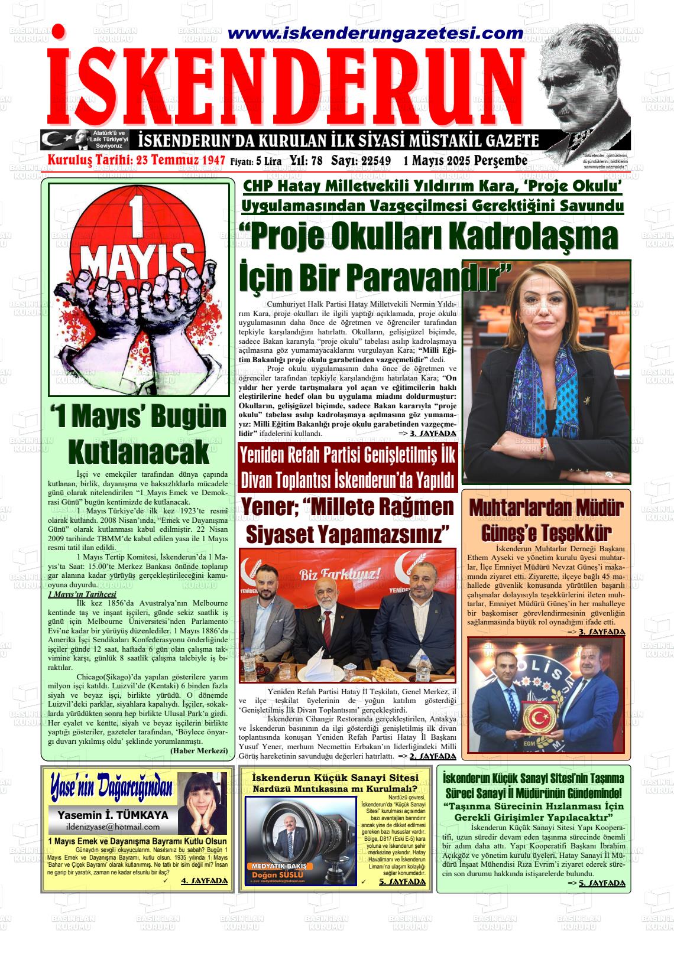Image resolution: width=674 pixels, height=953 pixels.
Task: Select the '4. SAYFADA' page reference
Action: click(204, 881)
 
